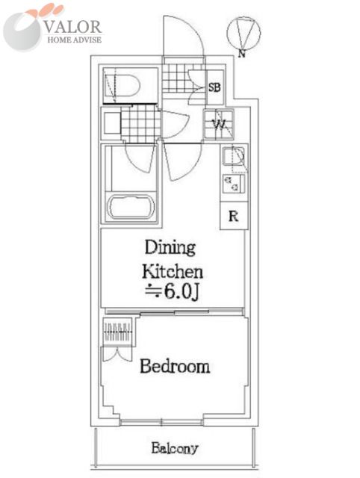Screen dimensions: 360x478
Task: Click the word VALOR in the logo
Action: pyautogui.click(x=72, y=27)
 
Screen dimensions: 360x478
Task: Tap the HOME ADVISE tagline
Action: pyautogui.click(x=75, y=40)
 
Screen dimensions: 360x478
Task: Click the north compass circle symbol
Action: pyautogui.click(x=243, y=33)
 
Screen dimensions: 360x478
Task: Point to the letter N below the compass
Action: pyautogui.click(x=242, y=54)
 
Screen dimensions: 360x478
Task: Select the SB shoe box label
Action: pyautogui.click(x=214, y=87)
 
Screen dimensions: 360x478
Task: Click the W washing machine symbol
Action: pyautogui.click(x=219, y=125)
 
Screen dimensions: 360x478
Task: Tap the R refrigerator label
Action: pyautogui.click(x=234, y=216)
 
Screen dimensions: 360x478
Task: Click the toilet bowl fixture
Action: pyautogui.click(x=122, y=85)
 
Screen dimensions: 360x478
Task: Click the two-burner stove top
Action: pyautogui.click(x=234, y=184)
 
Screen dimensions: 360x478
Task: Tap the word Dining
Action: pyautogui.click(x=170, y=247)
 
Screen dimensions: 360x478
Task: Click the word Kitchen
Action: pyautogui.click(x=173, y=271)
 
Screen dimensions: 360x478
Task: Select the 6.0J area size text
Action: pyautogui.click(x=173, y=292)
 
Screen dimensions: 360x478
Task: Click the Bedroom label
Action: pyautogui.click(x=175, y=366)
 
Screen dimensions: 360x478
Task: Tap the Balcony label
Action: pyautogui.click(x=175, y=448)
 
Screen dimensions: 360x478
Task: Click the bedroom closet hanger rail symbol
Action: pyautogui.click(x=118, y=332)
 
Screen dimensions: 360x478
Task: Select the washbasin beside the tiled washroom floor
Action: pyautogui.click(x=112, y=123)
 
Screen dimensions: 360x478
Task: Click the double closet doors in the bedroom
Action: pyautogui.click(x=117, y=353)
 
